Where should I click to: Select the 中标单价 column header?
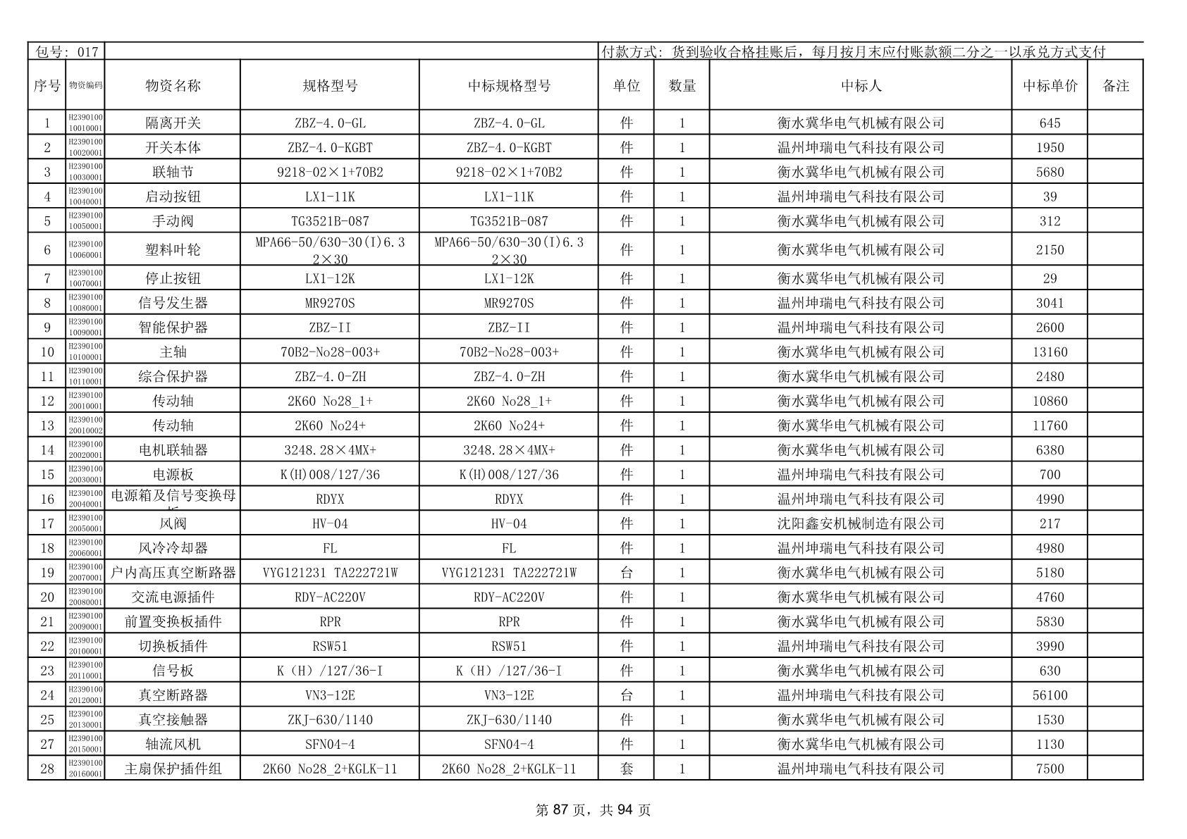1050,86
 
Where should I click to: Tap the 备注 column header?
1115,86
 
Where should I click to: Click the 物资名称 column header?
173,86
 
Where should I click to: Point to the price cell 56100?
1050,695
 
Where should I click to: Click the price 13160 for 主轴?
1050,352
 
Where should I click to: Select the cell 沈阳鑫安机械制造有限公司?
860,523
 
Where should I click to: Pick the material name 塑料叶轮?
173,250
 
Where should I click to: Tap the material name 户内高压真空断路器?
173,573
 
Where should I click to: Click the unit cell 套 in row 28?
626,769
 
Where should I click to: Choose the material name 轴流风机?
173,745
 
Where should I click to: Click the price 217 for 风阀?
1050,523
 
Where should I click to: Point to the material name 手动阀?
173,221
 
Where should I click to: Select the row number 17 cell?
47,523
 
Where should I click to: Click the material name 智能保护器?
173,328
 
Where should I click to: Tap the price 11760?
1050,425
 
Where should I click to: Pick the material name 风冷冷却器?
173,548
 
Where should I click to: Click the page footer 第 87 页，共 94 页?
593,810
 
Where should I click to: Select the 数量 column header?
682,86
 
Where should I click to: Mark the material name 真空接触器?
173,720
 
